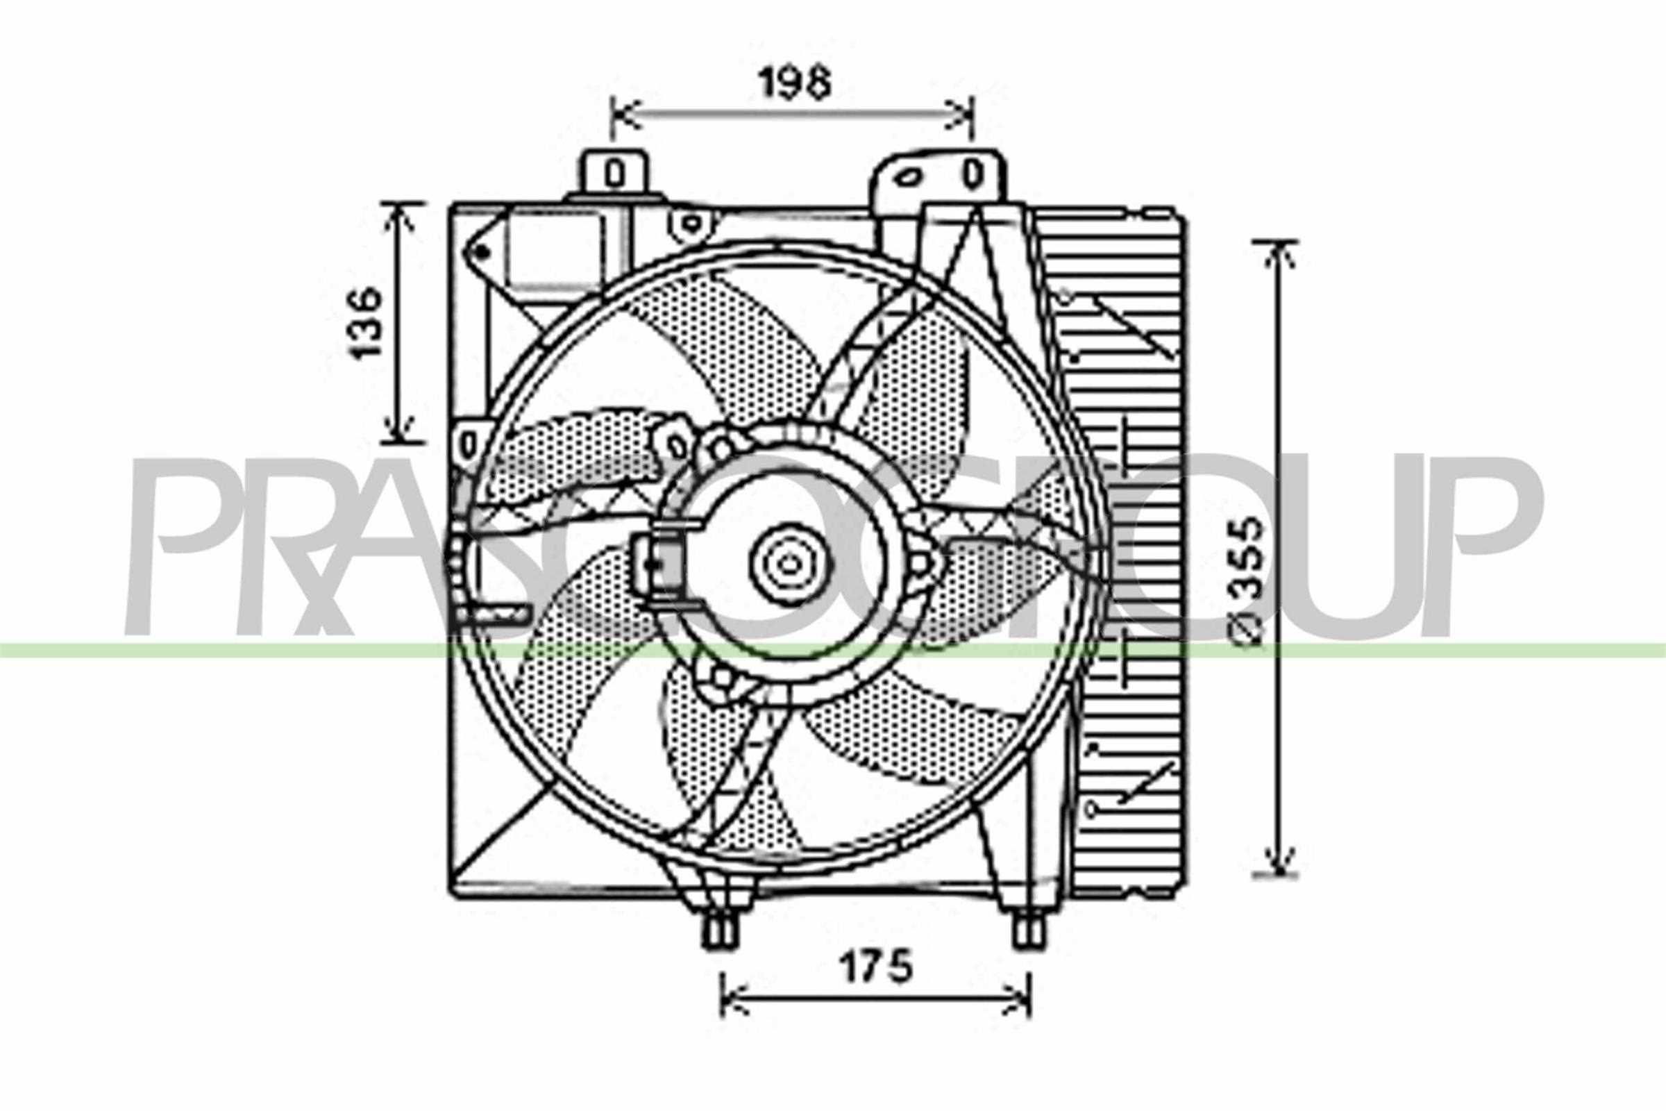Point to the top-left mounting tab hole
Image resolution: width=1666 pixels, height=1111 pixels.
tap(615, 174)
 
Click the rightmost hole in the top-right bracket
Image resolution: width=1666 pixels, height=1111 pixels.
tap(975, 174)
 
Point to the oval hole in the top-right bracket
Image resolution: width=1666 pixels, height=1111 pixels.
tap(908, 177)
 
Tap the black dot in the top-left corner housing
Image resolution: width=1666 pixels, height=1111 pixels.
tap(482, 251)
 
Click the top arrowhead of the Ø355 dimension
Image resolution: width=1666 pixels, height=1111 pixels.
tap(1279, 251)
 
